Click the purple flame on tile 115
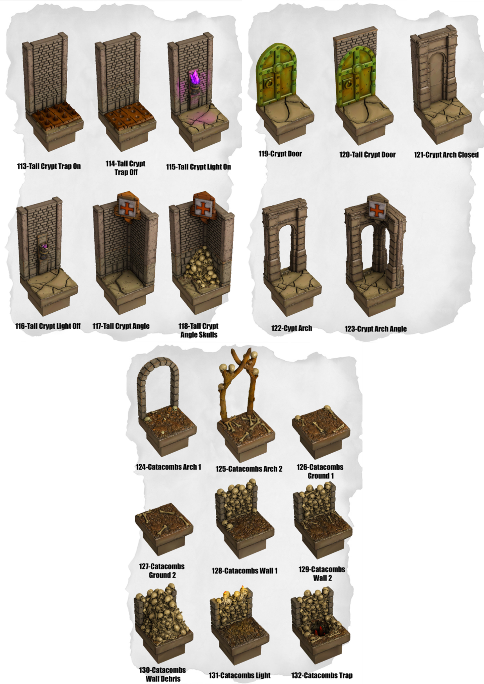[194, 78]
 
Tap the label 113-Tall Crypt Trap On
[49, 166]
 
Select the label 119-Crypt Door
[280, 154]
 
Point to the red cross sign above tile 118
[202, 208]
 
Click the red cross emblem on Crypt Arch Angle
[377, 210]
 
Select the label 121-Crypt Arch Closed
[446, 155]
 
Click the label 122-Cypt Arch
[291, 328]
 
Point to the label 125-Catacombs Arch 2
[249, 469]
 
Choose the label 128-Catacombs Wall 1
[245, 571]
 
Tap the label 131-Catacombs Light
[239, 675]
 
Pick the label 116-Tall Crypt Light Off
[48, 326]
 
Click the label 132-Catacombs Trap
[322, 675]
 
